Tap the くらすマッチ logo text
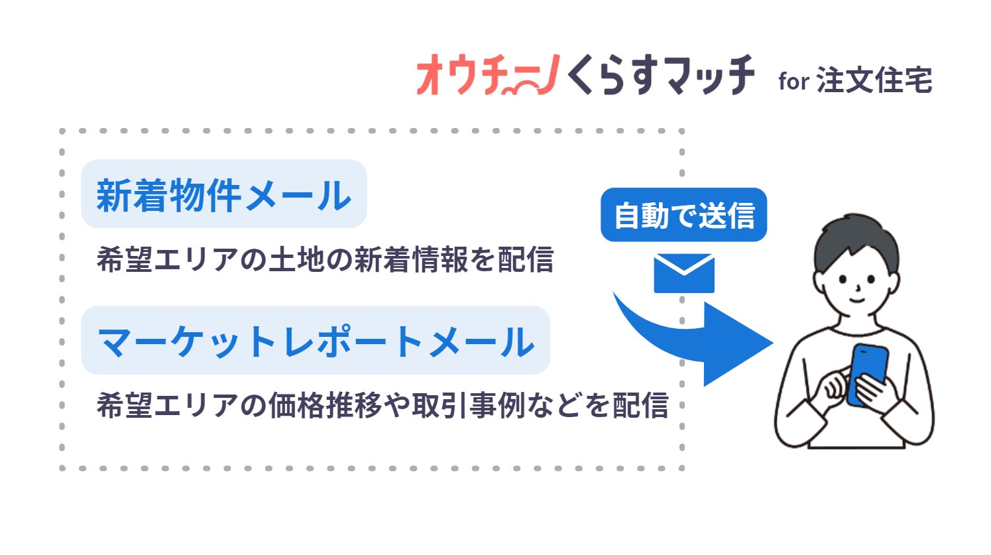660,75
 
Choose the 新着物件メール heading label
223,194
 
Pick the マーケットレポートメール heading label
316,341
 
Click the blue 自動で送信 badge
684,216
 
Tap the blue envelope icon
684,273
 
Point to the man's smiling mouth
857,300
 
